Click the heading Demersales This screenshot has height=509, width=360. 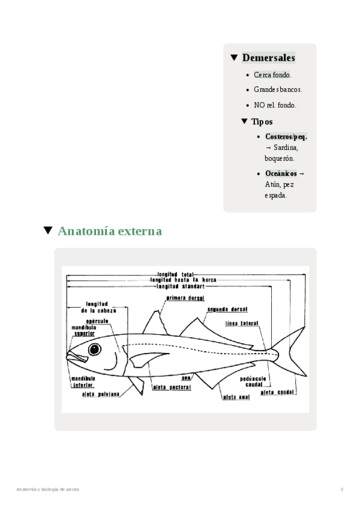pyautogui.click(x=268, y=58)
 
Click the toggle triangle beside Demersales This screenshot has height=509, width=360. pyautogui.click(x=234, y=58)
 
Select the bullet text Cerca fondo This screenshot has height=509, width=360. pyautogui.click(x=272, y=75)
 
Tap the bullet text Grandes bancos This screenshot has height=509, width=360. pyautogui.click(x=278, y=90)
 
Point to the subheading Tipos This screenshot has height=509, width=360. pyautogui.click(x=262, y=122)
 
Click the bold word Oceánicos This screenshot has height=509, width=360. pyautogui.click(x=281, y=173)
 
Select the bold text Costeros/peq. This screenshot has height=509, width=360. pyautogui.click(x=286, y=137)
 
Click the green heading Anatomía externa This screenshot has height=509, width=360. pyautogui.click(x=110, y=231)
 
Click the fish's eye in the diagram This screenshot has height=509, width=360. pyautogui.click(x=95, y=349)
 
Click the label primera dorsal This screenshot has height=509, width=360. pyautogui.click(x=186, y=298)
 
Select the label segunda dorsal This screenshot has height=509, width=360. pyautogui.click(x=228, y=310)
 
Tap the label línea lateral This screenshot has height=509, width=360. pyautogui.click(x=241, y=323)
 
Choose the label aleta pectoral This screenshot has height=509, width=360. pyautogui.click(x=172, y=388)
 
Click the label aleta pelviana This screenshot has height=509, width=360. pyautogui.click(x=100, y=394)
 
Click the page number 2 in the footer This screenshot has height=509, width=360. pyautogui.click(x=341, y=489)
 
